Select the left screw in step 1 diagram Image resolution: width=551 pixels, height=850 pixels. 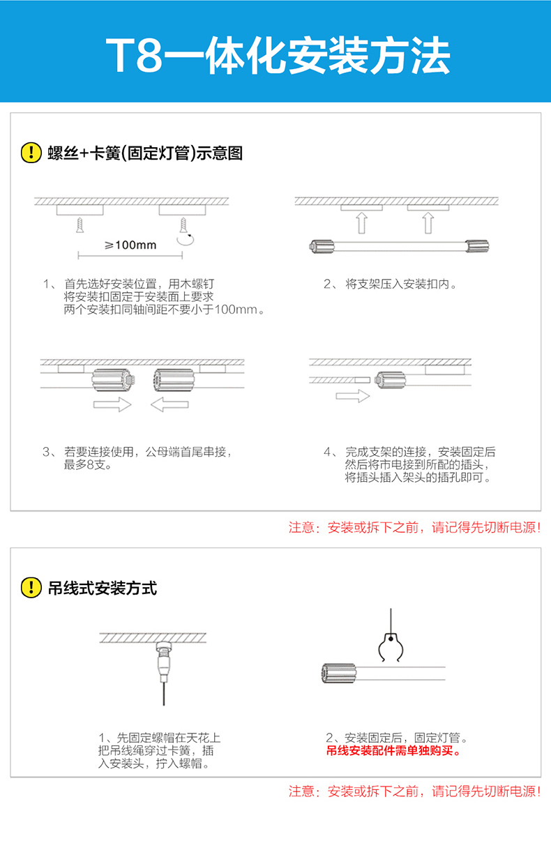click(x=80, y=225)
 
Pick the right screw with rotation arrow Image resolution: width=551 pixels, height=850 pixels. click(x=184, y=226)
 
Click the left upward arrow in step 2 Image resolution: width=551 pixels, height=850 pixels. click(x=361, y=222)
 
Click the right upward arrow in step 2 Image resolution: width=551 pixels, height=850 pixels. click(x=428, y=222)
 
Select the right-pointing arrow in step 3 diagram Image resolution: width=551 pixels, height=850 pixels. click(x=112, y=404)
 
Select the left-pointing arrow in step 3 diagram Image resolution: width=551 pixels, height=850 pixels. click(x=169, y=404)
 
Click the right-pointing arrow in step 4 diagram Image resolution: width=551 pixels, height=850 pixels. click(x=352, y=396)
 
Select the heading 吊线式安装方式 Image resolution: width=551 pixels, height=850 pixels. click(x=103, y=588)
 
